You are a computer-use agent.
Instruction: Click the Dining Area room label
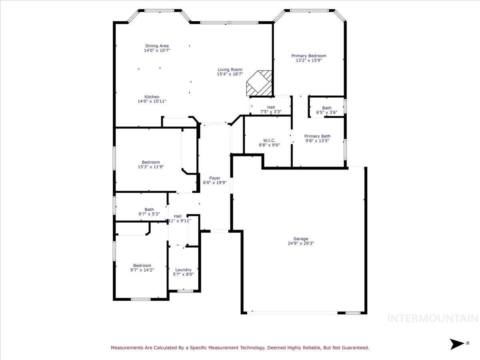[x=157, y=46]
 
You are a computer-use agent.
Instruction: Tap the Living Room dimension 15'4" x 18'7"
[x=230, y=74]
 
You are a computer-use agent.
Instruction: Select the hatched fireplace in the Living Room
[x=259, y=83]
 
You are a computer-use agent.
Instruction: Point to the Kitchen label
[x=152, y=97]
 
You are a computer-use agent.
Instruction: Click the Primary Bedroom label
[x=308, y=56]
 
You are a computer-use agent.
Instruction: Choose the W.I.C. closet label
[x=269, y=140]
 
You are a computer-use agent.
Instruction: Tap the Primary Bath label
[x=317, y=136]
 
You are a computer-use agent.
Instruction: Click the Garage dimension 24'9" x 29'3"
[x=301, y=243]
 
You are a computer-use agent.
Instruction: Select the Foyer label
[x=215, y=178]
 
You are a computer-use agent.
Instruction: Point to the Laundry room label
[x=183, y=270]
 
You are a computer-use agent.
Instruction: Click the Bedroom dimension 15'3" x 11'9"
[x=151, y=167]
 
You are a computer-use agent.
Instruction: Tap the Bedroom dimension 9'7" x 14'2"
[x=142, y=270]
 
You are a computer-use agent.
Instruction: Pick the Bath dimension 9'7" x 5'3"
[x=149, y=214]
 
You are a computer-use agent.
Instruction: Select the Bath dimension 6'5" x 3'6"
[x=327, y=112]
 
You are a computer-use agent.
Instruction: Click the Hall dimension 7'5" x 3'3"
[x=271, y=112]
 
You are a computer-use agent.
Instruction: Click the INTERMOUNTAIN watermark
[x=433, y=319]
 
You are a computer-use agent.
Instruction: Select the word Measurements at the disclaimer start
[x=127, y=348]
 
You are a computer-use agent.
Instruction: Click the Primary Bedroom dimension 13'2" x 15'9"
[x=308, y=61]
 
